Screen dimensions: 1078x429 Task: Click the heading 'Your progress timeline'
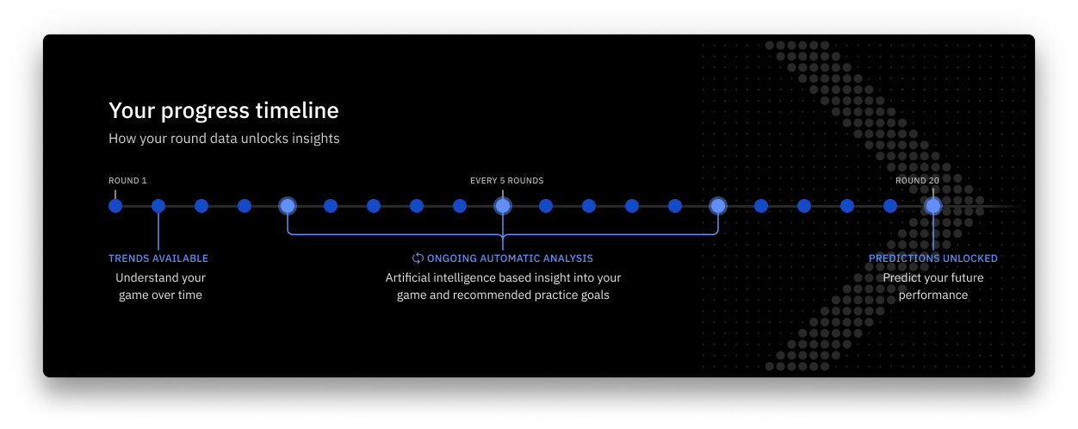click(223, 110)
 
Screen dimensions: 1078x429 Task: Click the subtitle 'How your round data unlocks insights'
click(224, 138)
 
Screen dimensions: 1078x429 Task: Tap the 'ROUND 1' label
click(127, 181)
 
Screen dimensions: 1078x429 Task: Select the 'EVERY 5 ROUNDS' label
click(506, 181)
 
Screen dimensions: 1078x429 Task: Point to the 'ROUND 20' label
click(917, 181)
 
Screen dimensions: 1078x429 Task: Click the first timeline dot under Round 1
click(115, 206)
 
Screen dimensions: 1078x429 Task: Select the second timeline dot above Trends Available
click(158, 206)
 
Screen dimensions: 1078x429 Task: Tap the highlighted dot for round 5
click(288, 206)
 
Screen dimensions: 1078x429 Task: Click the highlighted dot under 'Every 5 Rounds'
click(503, 206)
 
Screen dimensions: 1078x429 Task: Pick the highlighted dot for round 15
click(718, 206)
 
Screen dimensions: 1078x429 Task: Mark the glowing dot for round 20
click(933, 206)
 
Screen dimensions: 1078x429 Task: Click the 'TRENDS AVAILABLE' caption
click(158, 258)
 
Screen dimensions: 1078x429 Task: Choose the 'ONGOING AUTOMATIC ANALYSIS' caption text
click(510, 258)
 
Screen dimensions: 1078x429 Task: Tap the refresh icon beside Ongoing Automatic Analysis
click(418, 258)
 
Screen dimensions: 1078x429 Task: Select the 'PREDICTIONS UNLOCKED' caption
click(932, 258)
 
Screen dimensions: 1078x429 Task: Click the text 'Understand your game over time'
click(160, 287)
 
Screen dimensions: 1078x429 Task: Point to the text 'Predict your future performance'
click(932, 287)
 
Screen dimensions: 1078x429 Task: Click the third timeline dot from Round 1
click(201, 206)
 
